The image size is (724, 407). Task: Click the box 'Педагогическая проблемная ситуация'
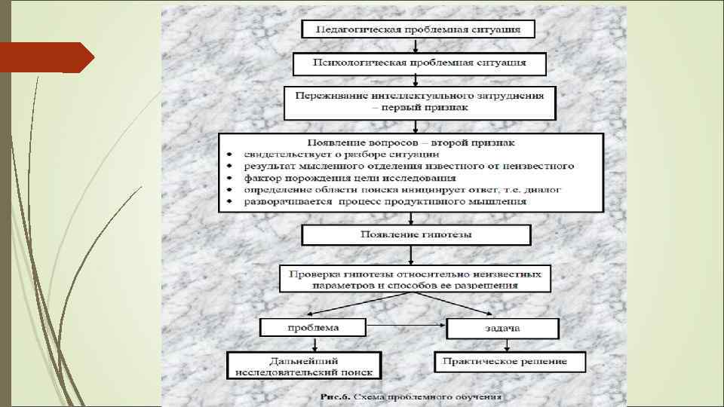[x=418, y=29]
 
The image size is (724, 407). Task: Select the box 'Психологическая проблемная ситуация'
[x=419, y=63]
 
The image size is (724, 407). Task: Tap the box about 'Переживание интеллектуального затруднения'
[x=419, y=103]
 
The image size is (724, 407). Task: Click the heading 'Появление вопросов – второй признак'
[x=412, y=142]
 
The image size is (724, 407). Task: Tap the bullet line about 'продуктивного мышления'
[x=385, y=202]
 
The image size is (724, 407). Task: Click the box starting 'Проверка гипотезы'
[x=416, y=278]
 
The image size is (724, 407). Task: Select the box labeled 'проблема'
[x=313, y=328]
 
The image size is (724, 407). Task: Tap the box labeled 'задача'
[x=503, y=329]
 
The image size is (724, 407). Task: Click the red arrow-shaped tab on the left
[x=47, y=57]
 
